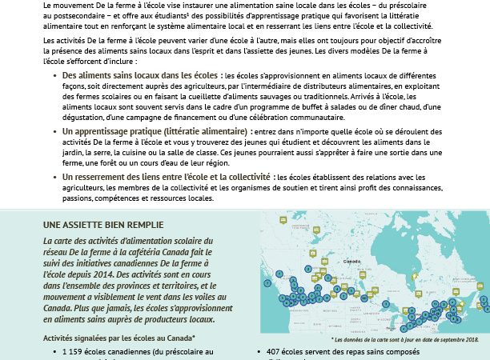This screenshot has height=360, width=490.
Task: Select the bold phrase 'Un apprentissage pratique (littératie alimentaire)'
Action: coord(155,129)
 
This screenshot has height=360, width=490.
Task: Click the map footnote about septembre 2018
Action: coord(415,339)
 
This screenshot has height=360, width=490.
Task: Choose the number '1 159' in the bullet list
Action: coord(73,352)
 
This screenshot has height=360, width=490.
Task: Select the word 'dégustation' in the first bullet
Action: coord(86,116)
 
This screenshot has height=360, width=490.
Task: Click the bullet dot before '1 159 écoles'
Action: coord(53,352)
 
